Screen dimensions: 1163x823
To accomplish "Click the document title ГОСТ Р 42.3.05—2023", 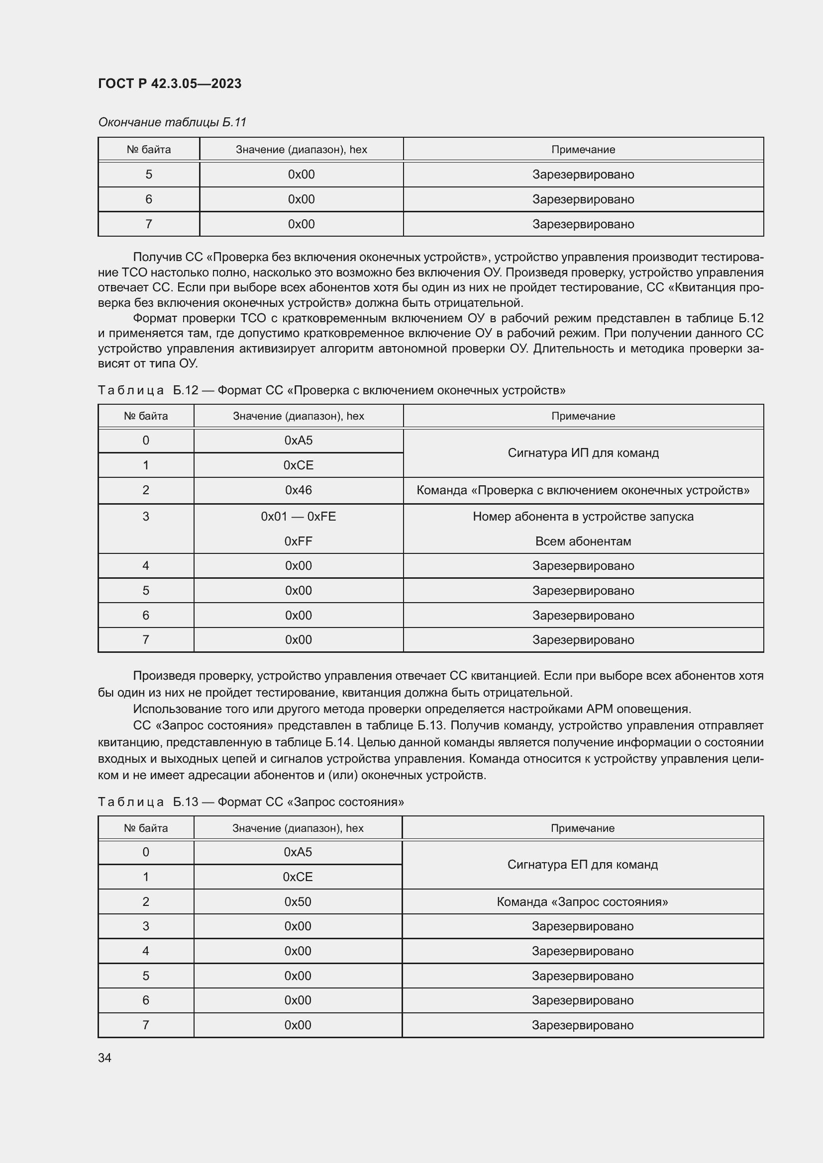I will coord(170,84).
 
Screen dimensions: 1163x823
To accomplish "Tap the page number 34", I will coord(105,1058).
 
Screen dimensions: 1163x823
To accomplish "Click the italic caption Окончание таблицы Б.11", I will coord(172,122).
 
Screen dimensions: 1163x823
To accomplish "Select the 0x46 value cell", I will coord(299,490).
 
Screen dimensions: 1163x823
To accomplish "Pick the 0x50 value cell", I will coord(298,901).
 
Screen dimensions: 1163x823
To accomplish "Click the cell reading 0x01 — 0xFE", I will coord(299,516).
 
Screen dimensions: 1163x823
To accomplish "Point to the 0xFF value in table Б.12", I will coord(299,541).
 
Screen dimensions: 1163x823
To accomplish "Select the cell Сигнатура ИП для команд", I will coord(583,453).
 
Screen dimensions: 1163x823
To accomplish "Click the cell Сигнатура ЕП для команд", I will coord(582,865).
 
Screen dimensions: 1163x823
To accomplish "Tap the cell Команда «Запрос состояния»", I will coord(582,901).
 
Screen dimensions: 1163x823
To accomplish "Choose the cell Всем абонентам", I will coord(583,541).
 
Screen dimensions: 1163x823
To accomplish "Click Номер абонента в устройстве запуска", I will coord(583,516).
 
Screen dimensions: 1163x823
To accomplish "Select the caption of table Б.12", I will coord(331,390).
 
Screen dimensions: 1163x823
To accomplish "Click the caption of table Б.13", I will coord(251,802).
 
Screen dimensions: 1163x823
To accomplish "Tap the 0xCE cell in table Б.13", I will coord(298,877).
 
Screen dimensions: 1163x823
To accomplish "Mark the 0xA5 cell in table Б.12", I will coord(299,440).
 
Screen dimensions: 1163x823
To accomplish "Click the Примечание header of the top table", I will coord(583,150).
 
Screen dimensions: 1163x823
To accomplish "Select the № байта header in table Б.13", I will coord(146,828).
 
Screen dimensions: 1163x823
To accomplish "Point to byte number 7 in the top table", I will coord(148,224).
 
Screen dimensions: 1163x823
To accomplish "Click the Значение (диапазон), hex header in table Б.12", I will coord(299,416).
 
